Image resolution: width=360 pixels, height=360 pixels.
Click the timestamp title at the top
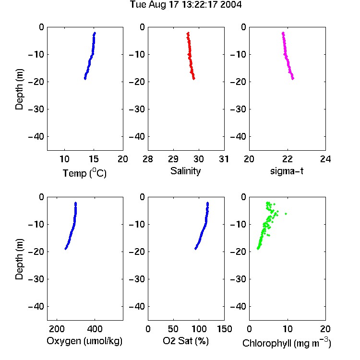pyautogui.click(x=185, y=4)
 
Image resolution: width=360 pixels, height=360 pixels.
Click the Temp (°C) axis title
pyautogui.click(x=84, y=173)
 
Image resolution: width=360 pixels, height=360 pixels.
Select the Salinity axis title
pyautogui.click(x=185, y=171)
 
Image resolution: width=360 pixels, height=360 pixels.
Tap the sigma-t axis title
pyautogui.click(x=287, y=171)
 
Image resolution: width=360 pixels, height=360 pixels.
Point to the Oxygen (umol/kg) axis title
pyautogui.click(x=84, y=341)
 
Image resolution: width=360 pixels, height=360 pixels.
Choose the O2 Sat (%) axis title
pyautogui.click(x=186, y=341)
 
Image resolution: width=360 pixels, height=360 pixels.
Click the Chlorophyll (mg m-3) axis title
pyautogui.click(x=287, y=343)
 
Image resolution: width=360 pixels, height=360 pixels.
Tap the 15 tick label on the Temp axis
pyautogui.click(x=94, y=159)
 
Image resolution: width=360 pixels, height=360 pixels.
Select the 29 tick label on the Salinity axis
pyautogui.click(x=173, y=159)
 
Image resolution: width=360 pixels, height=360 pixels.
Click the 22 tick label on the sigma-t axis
pyautogui.click(x=287, y=159)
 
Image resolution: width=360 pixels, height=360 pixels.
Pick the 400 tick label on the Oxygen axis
pyautogui.click(x=95, y=329)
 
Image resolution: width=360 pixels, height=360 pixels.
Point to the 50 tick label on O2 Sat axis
pyautogui.click(x=173, y=329)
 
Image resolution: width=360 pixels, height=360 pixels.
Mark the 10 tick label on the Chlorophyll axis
pyautogui.click(x=287, y=329)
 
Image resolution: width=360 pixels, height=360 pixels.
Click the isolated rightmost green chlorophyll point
pyautogui.click(x=286, y=214)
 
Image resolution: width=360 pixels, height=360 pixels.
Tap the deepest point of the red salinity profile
pyautogui.click(x=194, y=79)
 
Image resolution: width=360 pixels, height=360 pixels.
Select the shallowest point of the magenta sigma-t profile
pyautogui.click(x=283, y=33)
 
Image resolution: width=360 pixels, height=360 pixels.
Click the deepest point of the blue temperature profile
pyautogui.click(x=85, y=79)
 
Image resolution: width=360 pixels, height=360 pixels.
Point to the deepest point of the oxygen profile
pyautogui.click(x=65, y=249)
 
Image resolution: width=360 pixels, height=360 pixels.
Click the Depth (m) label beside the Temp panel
pyautogui.click(x=19, y=89)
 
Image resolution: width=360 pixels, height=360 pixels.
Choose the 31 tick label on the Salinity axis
pyautogui.click(x=224, y=159)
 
